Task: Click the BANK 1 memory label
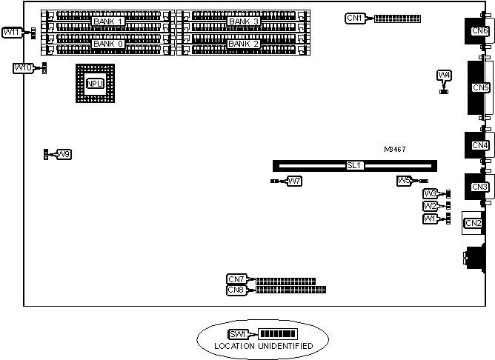pyautogui.click(x=107, y=22)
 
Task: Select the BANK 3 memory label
pyautogui.click(x=244, y=22)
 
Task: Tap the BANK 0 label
pyautogui.click(x=107, y=44)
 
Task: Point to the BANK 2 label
pyautogui.click(x=244, y=44)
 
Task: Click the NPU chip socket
pyautogui.click(x=95, y=83)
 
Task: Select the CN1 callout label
pyautogui.click(x=356, y=18)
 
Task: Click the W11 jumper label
pyautogui.click(x=13, y=33)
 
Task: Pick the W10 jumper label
pyautogui.click(x=23, y=68)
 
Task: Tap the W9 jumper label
pyautogui.click(x=64, y=154)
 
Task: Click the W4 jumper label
pyautogui.click(x=444, y=76)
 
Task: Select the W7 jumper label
pyautogui.click(x=293, y=181)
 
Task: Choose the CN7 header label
pyautogui.click(x=236, y=279)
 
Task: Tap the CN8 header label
pyautogui.click(x=236, y=290)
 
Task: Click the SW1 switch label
pyautogui.click(x=239, y=334)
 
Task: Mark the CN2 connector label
pyautogui.click(x=472, y=222)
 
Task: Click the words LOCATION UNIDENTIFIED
pyautogui.click(x=263, y=346)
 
